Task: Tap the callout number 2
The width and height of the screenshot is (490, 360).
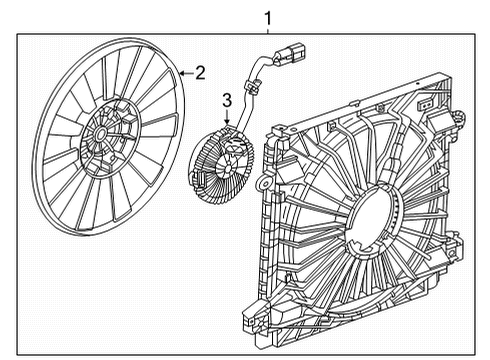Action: point(200,72)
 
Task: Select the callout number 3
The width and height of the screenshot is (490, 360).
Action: point(226,99)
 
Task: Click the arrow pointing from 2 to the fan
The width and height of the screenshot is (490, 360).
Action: point(184,72)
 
